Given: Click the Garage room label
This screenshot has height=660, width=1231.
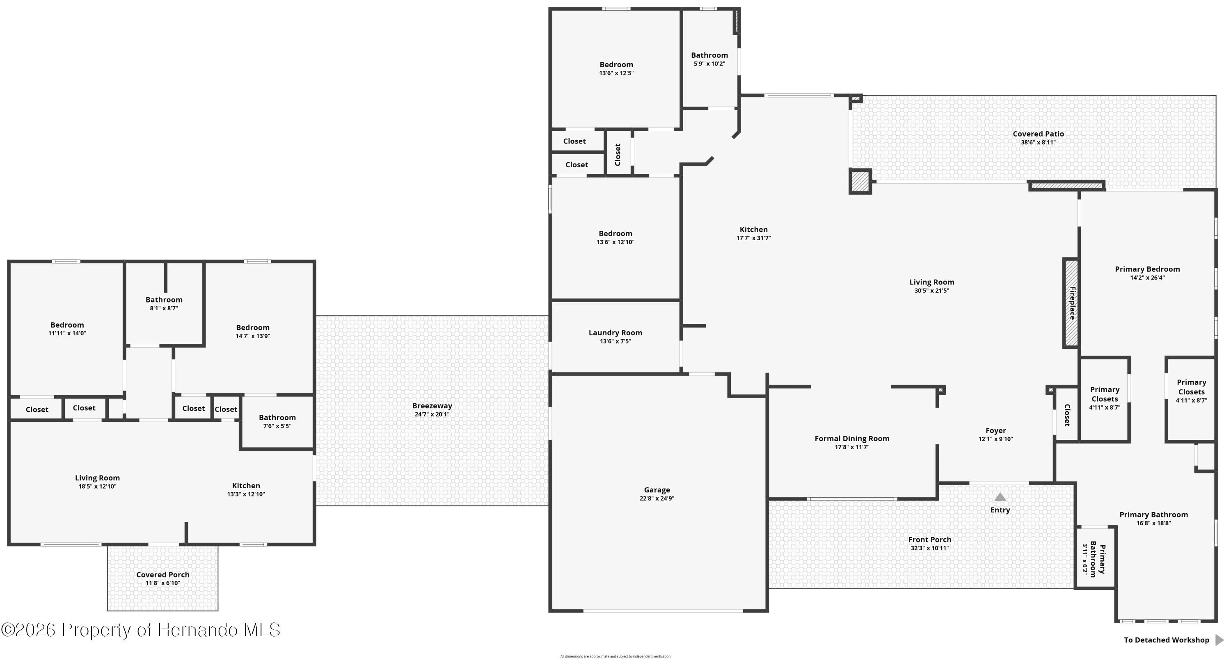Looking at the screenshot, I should click(x=657, y=489).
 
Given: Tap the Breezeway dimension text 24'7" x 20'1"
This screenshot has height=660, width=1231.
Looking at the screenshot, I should click(x=432, y=414).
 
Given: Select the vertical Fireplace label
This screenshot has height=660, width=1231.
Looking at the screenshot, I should click(x=1072, y=303).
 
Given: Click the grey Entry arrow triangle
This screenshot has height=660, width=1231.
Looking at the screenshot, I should click(x=1000, y=497).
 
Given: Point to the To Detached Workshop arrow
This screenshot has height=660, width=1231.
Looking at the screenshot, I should click(x=1219, y=640).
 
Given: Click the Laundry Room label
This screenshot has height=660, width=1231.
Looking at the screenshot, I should click(x=615, y=332).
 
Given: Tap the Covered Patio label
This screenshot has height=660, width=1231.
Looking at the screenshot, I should click(x=1038, y=134).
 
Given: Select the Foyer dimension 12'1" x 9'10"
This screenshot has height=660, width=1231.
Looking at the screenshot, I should click(x=995, y=439).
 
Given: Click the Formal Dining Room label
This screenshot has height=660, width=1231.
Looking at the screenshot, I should click(x=851, y=438).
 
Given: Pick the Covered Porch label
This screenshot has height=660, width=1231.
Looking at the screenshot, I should click(x=162, y=574).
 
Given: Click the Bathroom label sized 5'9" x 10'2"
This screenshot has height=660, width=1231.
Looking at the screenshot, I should click(x=709, y=55).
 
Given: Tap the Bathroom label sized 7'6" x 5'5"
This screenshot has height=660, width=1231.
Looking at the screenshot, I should click(x=277, y=417).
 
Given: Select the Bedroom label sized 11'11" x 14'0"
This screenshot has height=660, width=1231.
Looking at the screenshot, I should click(x=67, y=325).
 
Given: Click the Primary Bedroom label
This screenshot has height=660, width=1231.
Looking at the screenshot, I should click(x=1147, y=269).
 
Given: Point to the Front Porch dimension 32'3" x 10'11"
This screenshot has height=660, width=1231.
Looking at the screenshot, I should click(x=929, y=548).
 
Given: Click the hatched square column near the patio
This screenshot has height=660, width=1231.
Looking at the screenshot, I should click(x=860, y=182).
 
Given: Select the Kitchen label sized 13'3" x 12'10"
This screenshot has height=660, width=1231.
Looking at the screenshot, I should click(x=246, y=485).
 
